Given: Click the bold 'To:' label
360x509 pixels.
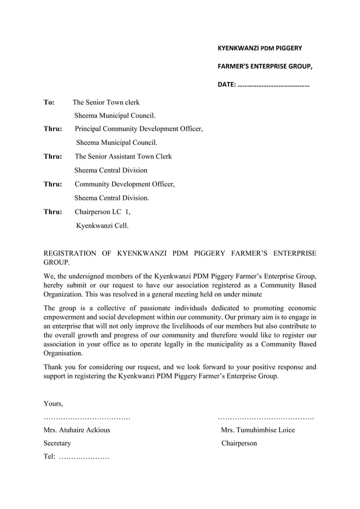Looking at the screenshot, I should (x=49, y=103).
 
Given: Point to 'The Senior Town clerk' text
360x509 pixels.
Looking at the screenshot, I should (x=106, y=103).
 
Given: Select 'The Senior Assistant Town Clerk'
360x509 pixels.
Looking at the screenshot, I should (x=123, y=156).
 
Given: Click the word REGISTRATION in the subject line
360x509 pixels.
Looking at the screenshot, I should (x=69, y=253).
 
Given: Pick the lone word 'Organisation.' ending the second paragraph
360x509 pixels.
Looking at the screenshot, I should (x=63, y=353).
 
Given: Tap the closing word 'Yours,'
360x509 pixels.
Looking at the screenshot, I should (x=54, y=403).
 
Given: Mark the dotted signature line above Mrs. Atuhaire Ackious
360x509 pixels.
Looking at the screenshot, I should (x=87, y=418).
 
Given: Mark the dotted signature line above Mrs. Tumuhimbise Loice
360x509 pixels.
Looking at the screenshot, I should (x=266, y=418).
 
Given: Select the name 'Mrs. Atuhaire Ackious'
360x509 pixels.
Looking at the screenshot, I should (x=77, y=430).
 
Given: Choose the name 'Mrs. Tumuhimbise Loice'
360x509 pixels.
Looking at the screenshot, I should (x=258, y=430).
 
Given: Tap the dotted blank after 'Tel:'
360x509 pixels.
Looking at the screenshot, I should (x=84, y=457).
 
